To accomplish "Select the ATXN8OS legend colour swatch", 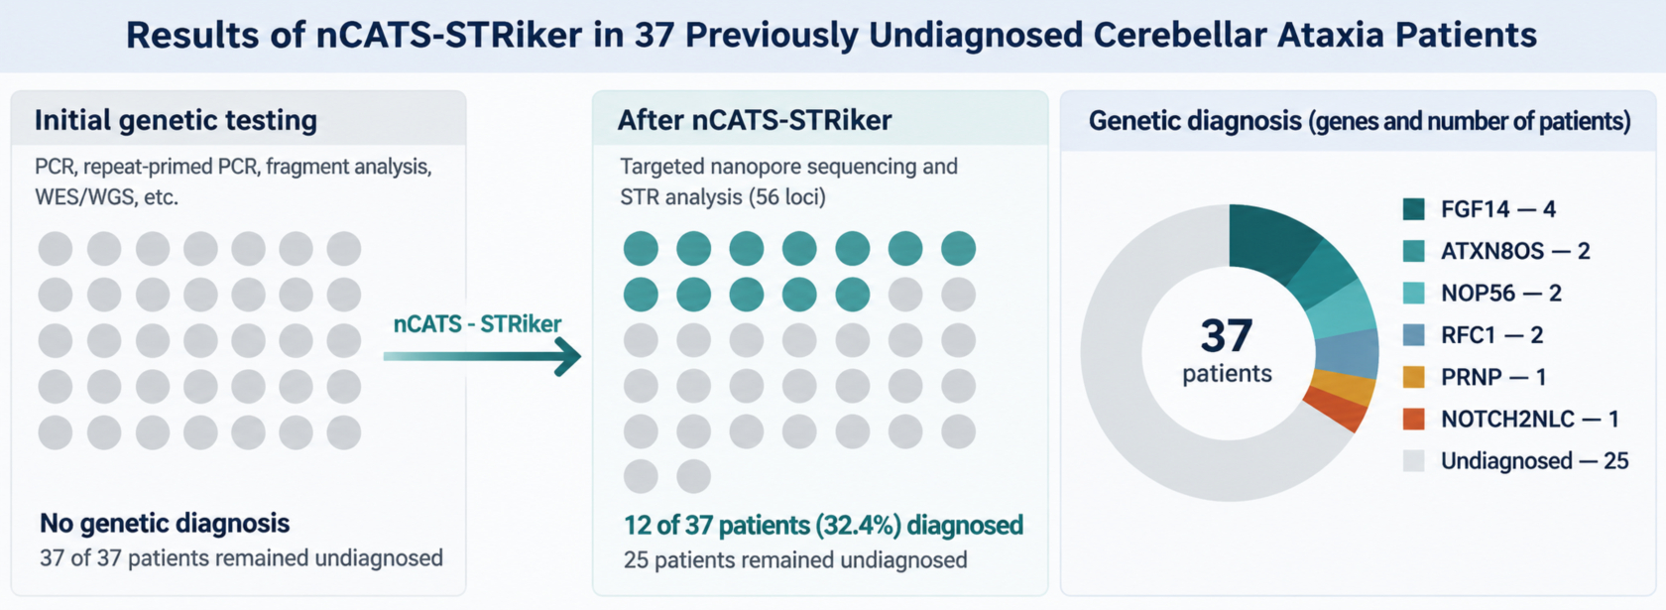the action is pos(1414,252).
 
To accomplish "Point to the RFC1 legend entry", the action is pos(1473,335).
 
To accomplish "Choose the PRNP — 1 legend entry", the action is pos(1475,377).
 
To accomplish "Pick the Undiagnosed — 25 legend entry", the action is pos(1515,461).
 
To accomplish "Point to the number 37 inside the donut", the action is pos(1227,335).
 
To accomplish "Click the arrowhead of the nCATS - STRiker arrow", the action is pos(568,356).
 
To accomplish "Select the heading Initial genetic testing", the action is pos(176,121).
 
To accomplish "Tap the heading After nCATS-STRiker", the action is pos(754,121).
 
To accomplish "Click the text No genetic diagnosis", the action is pos(165,523).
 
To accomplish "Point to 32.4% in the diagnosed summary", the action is pos(858,526).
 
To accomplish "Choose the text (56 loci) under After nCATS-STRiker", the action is pos(787,197).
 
